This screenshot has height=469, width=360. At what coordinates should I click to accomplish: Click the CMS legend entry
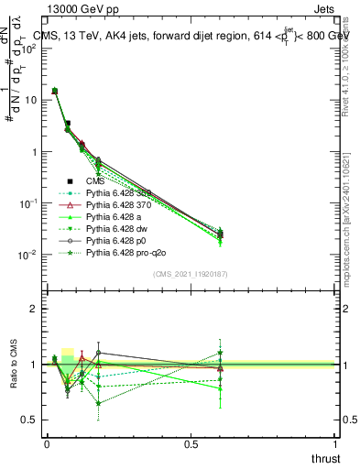coord(96,181)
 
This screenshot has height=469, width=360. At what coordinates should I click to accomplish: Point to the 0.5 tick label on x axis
coord(191,443)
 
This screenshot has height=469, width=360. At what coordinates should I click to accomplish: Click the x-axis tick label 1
coord(336,443)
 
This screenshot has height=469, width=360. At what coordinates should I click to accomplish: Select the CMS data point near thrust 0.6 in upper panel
coord(220,234)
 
